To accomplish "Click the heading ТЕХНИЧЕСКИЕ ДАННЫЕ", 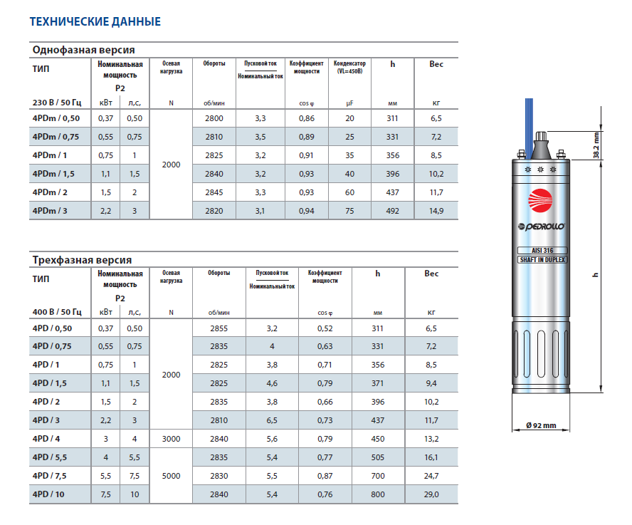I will coord(95,21).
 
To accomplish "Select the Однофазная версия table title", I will coord(83,49).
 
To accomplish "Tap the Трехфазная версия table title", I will coord(82,260).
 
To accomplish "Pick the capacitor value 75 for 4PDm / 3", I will coord(349,210).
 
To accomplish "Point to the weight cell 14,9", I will coord(436,210).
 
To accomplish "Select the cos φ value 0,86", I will coord(307,118).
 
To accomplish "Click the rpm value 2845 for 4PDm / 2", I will coord(214,192).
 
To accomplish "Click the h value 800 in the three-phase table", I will coord(377,494).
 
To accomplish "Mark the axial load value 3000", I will coord(171,439).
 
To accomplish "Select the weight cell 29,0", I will coord(431,494).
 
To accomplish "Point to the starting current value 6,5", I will coord(271,420).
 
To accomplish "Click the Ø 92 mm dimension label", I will coord(541,425).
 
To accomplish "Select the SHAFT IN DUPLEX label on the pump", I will coord(543,260).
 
